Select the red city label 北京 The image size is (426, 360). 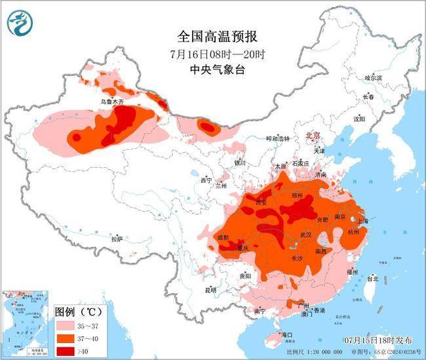313,135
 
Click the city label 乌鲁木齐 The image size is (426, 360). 111,102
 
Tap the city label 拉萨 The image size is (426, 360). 117,239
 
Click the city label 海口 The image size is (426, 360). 285,335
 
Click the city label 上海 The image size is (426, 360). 362,222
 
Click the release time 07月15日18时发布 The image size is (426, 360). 379,340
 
